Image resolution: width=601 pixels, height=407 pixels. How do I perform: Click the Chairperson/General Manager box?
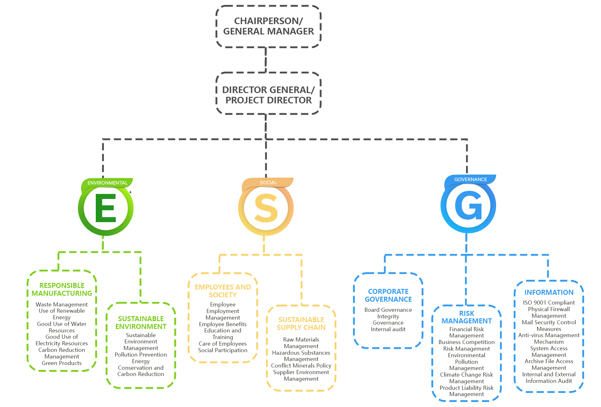pyautogui.click(x=268, y=26)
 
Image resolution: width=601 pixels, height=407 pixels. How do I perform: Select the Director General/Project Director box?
pyautogui.click(x=268, y=95)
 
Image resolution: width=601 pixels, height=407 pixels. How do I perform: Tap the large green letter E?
pyautogui.click(x=105, y=208)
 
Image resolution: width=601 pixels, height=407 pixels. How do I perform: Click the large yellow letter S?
pyautogui.click(x=266, y=208)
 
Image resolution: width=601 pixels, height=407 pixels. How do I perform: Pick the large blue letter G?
pyautogui.click(x=468, y=206)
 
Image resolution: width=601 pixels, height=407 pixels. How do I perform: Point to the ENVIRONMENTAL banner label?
pyautogui.click(x=107, y=183)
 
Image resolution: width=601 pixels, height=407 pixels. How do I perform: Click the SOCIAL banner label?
pyautogui.click(x=268, y=182)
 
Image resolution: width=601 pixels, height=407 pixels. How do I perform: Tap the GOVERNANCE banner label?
pyautogui.click(x=470, y=179)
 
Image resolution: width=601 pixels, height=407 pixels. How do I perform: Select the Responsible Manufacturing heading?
pyautogui.click(x=62, y=289)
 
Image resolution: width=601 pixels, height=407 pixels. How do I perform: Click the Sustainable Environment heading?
pyautogui.click(x=141, y=322)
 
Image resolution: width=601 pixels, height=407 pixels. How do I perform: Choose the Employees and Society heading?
pyautogui.click(x=223, y=291)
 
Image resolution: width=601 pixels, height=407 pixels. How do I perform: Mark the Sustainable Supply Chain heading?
pyautogui.click(x=301, y=323)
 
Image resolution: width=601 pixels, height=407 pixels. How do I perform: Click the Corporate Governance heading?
pyautogui.click(x=388, y=295)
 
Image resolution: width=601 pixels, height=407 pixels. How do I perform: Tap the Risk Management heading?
pyautogui.click(x=466, y=317)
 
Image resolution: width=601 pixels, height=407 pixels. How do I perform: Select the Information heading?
pyautogui.click(x=549, y=292)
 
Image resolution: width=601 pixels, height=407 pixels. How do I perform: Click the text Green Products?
pyautogui.click(x=62, y=363)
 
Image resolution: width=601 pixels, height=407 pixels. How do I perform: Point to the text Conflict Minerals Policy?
pyautogui.click(x=301, y=366)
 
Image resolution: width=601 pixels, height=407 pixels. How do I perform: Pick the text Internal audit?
pyautogui.click(x=388, y=329)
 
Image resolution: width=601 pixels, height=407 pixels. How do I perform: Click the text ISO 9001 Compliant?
pyautogui.click(x=549, y=303)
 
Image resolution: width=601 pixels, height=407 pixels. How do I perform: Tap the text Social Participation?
pyautogui.click(x=223, y=350)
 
